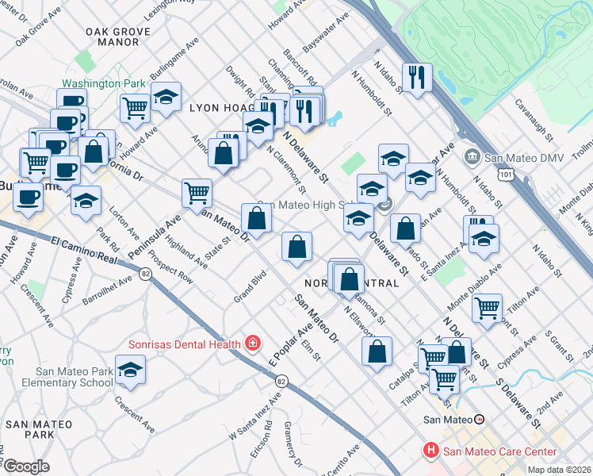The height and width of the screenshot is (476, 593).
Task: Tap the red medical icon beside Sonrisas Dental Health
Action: [x=253, y=344]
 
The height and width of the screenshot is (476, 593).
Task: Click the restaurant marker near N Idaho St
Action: [x=416, y=78]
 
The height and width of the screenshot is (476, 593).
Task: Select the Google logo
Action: [x=27, y=466]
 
